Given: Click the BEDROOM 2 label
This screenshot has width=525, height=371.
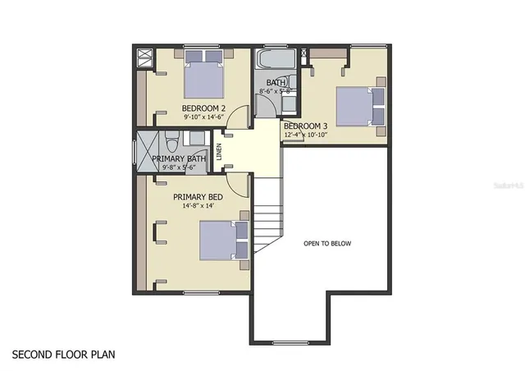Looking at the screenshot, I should [x=203, y=108].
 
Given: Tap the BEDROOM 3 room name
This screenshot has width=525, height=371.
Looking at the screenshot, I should [x=305, y=126].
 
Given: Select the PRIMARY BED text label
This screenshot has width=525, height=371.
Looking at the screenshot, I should [x=198, y=197].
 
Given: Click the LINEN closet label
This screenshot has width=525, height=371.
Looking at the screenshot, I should [x=219, y=151].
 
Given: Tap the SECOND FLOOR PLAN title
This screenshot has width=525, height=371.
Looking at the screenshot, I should [x=63, y=355].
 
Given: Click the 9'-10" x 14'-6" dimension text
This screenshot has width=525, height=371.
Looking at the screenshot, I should [x=203, y=118].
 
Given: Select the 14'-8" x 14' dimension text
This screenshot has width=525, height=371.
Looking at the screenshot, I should [x=198, y=206].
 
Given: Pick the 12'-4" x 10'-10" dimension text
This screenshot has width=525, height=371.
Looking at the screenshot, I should [x=311, y=135].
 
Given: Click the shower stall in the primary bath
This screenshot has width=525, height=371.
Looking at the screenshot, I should [x=146, y=153].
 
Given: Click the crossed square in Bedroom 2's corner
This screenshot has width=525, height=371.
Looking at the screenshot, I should [x=145, y=56].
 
